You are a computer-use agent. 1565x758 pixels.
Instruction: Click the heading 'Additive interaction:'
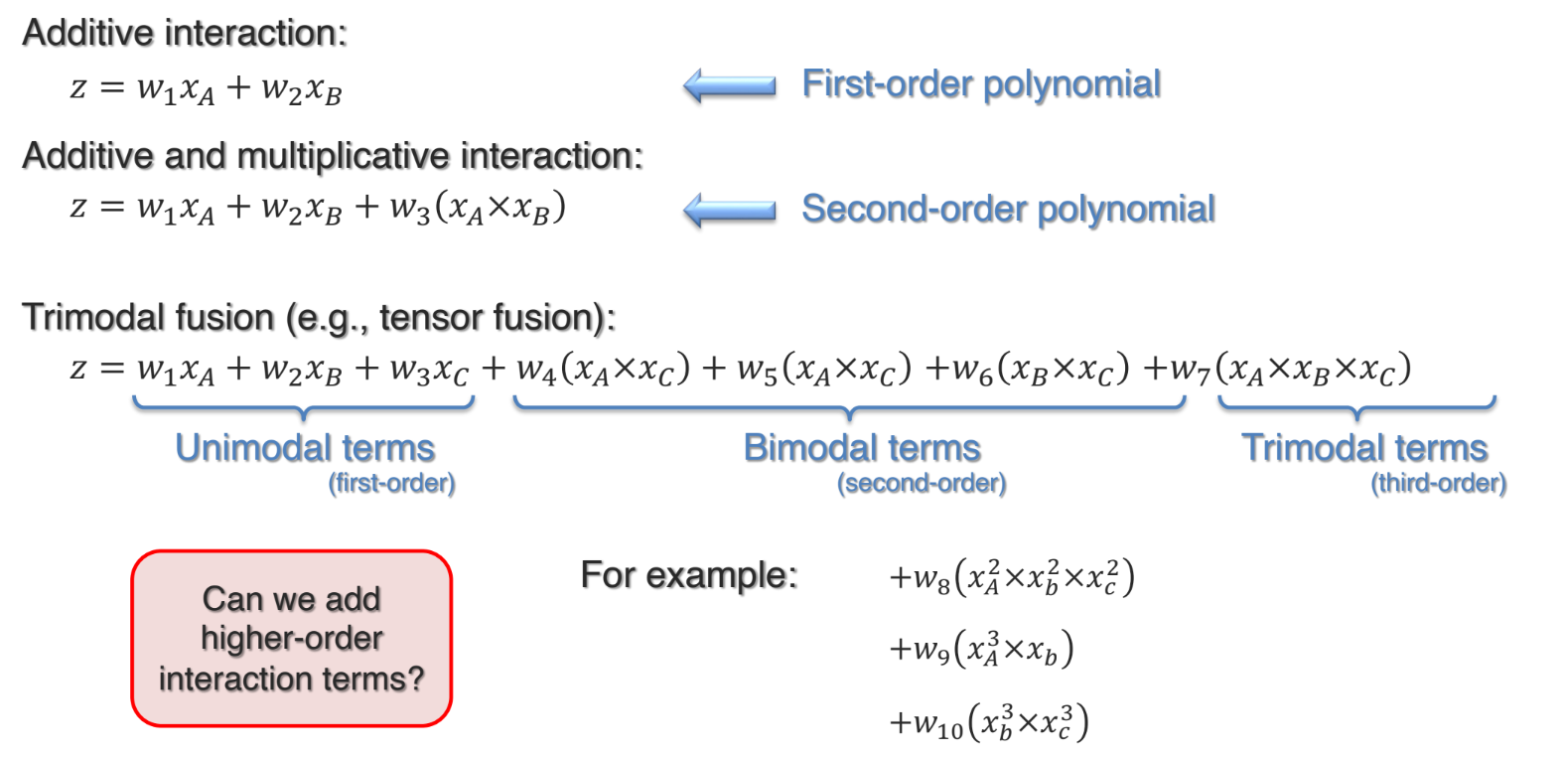point(185,33)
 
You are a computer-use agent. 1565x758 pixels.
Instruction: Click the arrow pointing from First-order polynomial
point(730,85)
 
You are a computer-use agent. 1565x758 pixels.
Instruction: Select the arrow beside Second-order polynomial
point(730,210)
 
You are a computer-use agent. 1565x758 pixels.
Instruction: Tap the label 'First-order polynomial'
point(981,84)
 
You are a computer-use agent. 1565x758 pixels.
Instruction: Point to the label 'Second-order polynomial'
point(1008,209)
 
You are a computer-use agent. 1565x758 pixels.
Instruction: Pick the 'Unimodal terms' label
point(305,448)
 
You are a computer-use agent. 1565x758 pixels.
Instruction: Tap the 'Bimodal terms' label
point(862,448)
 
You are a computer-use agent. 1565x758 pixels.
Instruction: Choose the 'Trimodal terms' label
point(1364,448)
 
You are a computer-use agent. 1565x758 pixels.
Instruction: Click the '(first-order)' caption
point(392,484)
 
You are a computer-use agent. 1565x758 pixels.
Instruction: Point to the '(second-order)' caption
point(922,484)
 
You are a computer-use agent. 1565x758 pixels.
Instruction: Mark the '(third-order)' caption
point(1438,484)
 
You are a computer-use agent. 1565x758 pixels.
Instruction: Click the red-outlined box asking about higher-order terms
point(291,638)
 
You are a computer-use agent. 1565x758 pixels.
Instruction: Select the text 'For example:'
point(688,575)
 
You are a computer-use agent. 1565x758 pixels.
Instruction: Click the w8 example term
point(1011,576)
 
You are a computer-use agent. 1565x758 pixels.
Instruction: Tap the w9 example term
point(981,649)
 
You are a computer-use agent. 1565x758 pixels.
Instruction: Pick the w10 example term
point(988,722)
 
